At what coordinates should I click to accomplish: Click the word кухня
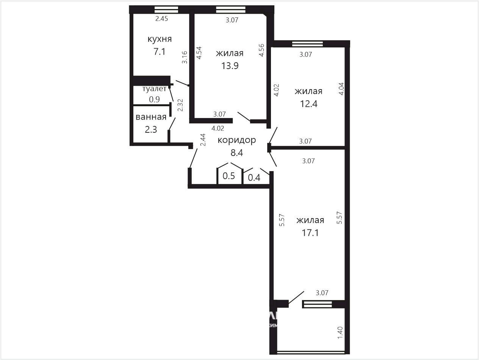[x=160, y=39]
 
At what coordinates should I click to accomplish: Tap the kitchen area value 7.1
[x=160, y=52]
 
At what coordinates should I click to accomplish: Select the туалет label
[x=154, y=88]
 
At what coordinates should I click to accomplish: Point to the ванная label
[x=151, y=117]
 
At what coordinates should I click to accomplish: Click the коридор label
[x=237, y=140]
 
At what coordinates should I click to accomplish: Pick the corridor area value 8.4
[x=237, y=153]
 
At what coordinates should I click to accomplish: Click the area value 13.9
[x=230, y=66]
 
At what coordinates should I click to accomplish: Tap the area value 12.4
[x=308, y=104]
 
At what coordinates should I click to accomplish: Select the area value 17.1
[x=310, y=233]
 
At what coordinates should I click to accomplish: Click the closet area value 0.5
[x=229, y=176]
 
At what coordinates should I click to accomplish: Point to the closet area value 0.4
[x=254, y=178]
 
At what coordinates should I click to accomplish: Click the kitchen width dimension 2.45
[x=161, y=19]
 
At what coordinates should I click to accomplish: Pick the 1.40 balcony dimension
[x=340, y=333]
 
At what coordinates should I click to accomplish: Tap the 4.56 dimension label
[x=261, y=50]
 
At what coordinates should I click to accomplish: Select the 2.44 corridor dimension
[x=203, y=140]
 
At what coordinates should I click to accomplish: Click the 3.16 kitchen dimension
[x=185, y=57]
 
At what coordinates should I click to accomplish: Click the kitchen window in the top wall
[x=166, y=9]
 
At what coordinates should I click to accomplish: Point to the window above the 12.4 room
[x=307, y=44]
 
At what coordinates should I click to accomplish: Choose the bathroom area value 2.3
[x=151, y=129]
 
